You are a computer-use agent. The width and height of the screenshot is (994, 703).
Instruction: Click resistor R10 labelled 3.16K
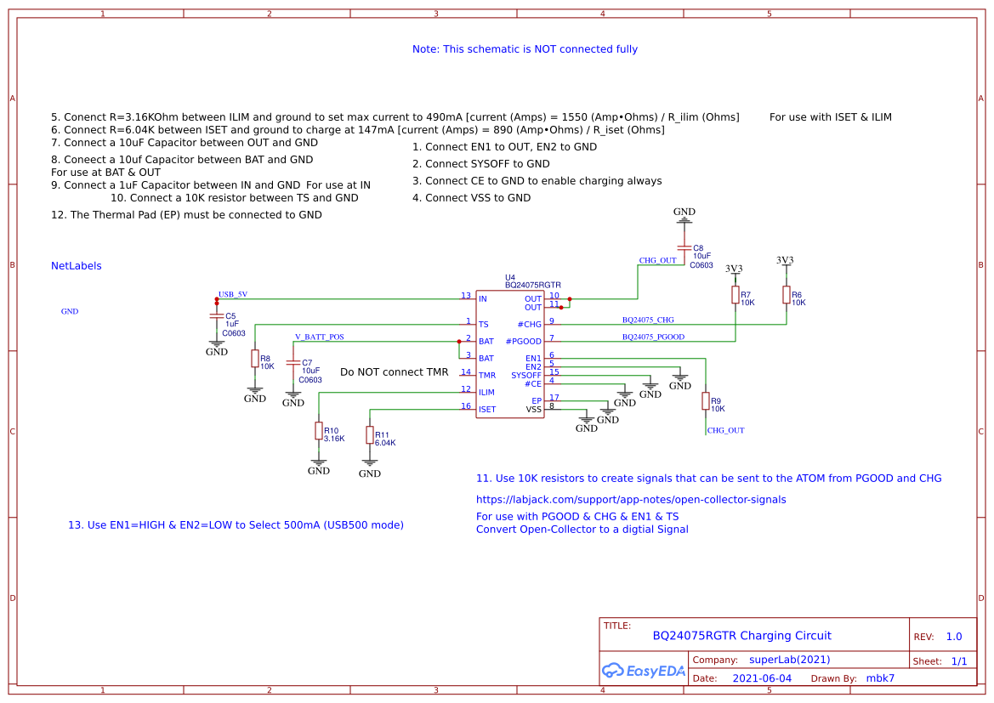319,431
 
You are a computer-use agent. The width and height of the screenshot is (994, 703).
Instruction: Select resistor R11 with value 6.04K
370,435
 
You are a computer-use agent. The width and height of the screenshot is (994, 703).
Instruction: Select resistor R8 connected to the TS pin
255,359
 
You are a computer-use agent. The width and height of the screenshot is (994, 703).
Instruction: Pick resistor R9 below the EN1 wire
706,400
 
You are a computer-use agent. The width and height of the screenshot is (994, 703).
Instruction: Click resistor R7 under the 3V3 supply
736,294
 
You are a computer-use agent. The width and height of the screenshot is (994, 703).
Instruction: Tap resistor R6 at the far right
787,294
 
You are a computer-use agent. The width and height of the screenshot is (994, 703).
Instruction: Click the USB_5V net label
233,294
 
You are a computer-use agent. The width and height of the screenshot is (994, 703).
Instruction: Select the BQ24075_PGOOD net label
653,337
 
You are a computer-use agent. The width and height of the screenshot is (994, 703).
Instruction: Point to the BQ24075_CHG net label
648,320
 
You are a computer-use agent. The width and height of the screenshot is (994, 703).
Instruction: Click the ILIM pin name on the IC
486,392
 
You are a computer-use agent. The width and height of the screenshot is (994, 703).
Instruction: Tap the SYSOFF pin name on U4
525,375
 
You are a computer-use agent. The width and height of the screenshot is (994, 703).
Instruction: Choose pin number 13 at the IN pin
466,296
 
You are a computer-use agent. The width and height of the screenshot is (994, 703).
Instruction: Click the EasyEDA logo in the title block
644,670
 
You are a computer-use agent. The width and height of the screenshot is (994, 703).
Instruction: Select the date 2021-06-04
762,678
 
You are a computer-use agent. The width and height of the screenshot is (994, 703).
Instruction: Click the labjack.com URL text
631,500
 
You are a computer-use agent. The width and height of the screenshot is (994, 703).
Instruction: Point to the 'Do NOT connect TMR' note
394,372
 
